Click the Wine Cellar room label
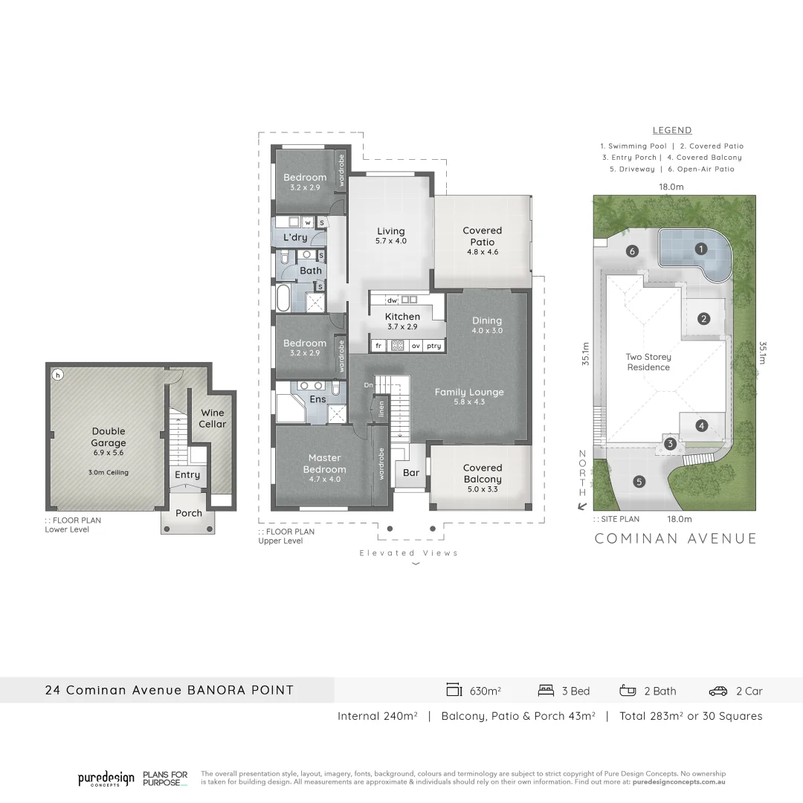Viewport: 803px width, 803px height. (x=212, y=419)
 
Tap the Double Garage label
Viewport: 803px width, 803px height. (x=109, y=437)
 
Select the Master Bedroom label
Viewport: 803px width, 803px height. (x=324, y=464)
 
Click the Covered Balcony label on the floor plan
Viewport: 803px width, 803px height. (x=483, y=474)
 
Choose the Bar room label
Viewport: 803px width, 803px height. (x=411, y=473)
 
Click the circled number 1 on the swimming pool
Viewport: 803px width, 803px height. (x=700, y=249)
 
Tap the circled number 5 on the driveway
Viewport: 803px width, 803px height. (x=639, y=482)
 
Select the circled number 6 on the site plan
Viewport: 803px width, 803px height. (x=633, y=251)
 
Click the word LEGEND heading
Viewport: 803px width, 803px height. (x=672, y=130)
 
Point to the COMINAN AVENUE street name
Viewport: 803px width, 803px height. (x=675, y=539)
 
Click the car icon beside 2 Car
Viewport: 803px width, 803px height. (x=717, y=691)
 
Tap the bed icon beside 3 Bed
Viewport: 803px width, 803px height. (x=546, y=691)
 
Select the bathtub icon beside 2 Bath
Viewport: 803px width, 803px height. (x=628, y=691)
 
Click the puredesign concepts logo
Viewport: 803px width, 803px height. (x=106, y=779)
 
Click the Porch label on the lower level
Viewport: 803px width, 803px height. (x=189, y=513)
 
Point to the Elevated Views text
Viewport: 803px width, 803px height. (x=409, y=552)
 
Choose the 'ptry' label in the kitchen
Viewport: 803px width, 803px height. (x=434, y=346)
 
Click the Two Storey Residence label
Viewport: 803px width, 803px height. (x=648, y=362)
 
